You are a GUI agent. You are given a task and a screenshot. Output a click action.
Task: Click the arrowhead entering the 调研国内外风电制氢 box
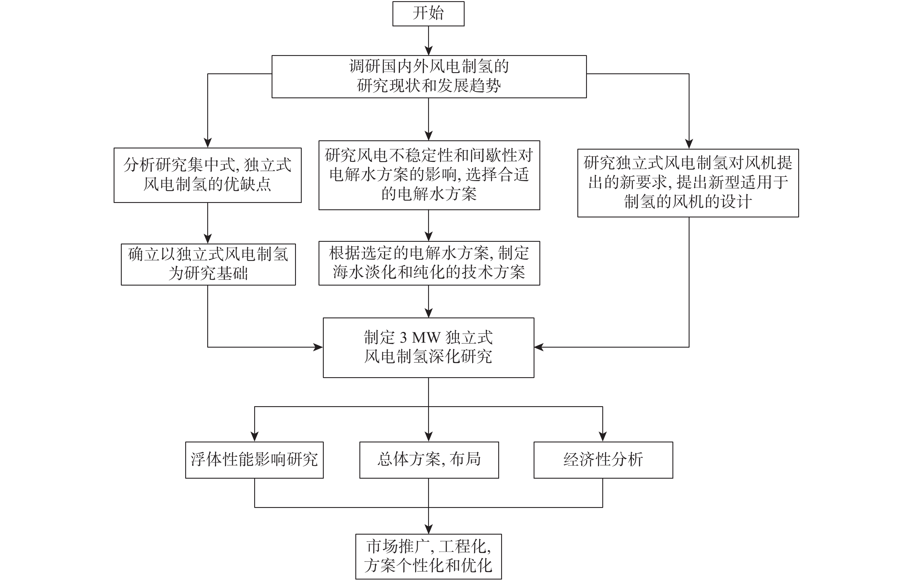(x=428, y=51)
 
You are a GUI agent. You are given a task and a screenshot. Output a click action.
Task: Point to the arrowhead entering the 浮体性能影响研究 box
(x=254, y=437)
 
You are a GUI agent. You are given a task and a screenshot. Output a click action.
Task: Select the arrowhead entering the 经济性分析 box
(x=603, y=437)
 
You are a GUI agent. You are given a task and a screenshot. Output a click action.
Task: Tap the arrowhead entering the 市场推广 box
(x=428, y=529)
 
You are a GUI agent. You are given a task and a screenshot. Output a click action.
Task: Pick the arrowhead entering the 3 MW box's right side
(x=539, y=347)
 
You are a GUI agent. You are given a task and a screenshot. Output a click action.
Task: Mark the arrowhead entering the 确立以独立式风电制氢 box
(x=208, y=239)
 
